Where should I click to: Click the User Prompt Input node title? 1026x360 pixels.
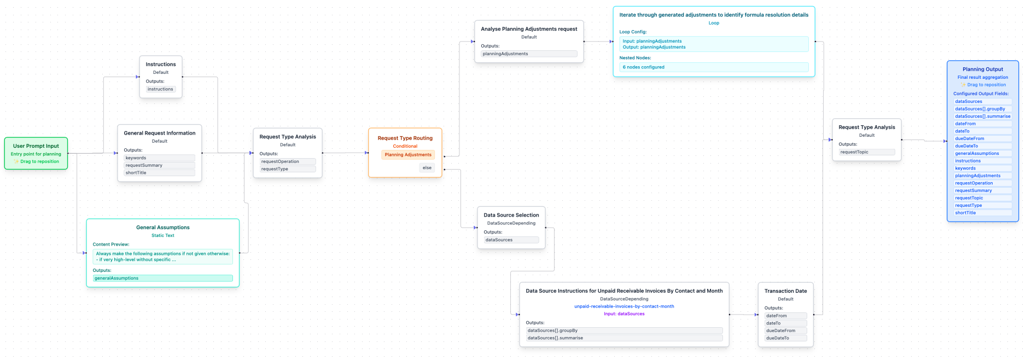pos(36,146)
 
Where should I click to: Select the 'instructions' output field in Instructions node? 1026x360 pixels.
pos(160,89)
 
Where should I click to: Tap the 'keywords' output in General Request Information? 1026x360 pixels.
pos(159,158)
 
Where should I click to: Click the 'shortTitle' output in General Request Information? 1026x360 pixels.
pos(159,173)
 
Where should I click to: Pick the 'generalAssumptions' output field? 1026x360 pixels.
pos(162,278)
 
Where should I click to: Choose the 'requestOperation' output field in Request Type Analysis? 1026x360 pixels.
pos(288,161)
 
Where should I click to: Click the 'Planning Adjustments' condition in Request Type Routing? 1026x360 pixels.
pos(408,155)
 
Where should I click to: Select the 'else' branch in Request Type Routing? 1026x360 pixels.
pos(427,168)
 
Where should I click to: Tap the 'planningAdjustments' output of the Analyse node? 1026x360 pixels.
pos(529,54)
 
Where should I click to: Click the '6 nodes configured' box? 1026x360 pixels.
pos(714,67)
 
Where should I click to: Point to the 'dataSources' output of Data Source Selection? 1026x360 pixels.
pos(511,240)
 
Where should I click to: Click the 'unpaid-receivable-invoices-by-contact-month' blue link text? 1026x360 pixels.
pos(624,306)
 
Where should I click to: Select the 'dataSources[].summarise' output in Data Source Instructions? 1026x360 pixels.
pos(624,338)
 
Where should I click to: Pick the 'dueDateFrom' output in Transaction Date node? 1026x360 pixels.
pos(785,331)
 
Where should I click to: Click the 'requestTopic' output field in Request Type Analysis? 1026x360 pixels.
pos(867,152)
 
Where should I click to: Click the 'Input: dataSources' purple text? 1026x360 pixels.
pos(624,314)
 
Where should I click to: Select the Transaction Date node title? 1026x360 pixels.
pos(785,291)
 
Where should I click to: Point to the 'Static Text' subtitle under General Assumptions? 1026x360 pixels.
pos(163,236)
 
